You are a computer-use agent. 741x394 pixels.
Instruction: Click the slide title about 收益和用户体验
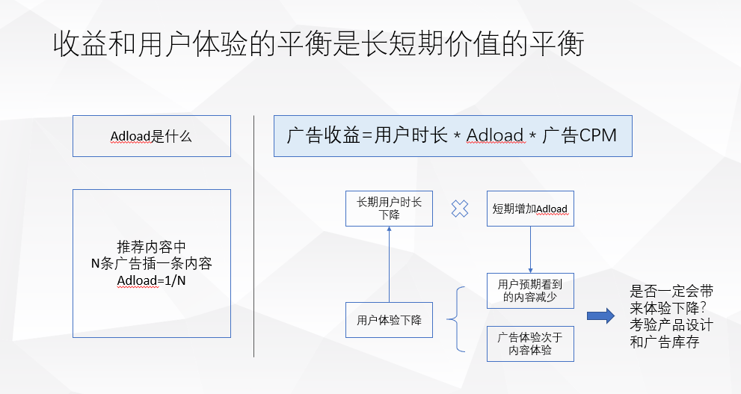click(318, 45)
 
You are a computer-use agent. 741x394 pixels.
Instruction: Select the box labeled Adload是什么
click(152, 136)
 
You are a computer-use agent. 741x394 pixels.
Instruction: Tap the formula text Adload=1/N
click(152, 280)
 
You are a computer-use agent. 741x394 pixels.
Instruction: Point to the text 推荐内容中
click(152, 247)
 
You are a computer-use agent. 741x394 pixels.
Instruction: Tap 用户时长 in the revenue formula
click(411, 136)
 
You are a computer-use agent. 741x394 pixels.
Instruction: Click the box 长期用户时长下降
click(389, 208)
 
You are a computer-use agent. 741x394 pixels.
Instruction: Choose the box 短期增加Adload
click(530, 209)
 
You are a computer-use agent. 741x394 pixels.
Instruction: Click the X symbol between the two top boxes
click(460, 209)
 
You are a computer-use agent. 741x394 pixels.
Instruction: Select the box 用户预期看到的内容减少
click(530, 291)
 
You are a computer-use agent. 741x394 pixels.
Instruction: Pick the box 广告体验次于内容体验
click(530, 343)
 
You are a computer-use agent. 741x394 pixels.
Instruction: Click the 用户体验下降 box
click(389, 321)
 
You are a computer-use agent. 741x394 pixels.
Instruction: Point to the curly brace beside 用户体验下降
click(455, 320)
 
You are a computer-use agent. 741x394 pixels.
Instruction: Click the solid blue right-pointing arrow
click(600, 316)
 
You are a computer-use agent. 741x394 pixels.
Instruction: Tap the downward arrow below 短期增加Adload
click(530, 249)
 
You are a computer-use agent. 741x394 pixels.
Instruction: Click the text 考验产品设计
click(671, 326)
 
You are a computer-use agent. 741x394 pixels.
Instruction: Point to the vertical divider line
click(254, 236)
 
